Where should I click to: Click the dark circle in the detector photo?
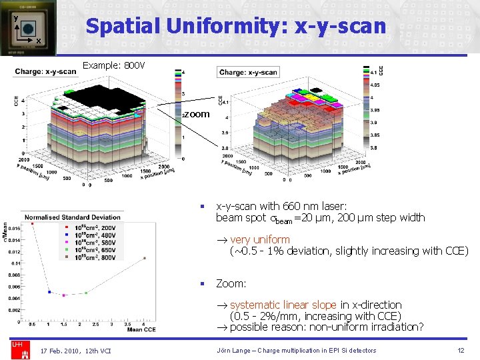pyautogui.click(x=29, y=29)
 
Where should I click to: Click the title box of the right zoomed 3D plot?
pyautogui.click(x=248, y=72)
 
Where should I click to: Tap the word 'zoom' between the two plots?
pyautogui.click(x=197, y=114)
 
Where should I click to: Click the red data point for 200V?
pyautogui.click(x=33, y=224)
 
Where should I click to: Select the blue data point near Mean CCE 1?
pyautogui.click(x=49, y=291)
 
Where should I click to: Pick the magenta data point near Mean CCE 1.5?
pyautogui.click(x=64, y=295)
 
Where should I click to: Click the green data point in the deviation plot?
pyautogui.click(x=86, y=293)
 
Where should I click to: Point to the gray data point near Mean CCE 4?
pyautogui.click(x=145, y=258)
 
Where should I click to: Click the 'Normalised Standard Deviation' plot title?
pyautogui.click(x=72, y=217)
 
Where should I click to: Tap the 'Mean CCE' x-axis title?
pyautogui.click(x=140, y=331)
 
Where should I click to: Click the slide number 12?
pyautogui.click(x=461, y=351)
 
